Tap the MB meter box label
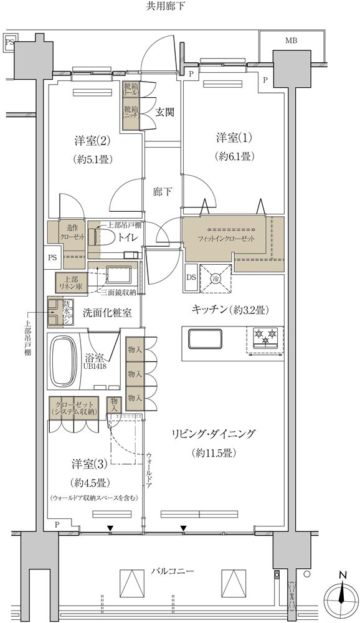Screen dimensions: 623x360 point(291,41)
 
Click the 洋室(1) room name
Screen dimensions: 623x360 point(234,137)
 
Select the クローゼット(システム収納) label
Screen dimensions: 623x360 point(75,407)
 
